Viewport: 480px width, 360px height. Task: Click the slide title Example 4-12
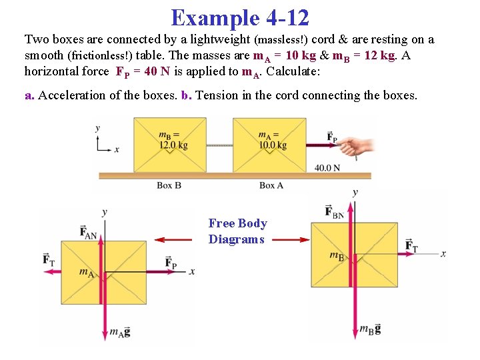tap(240, 17)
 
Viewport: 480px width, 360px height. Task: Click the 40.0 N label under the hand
tap(327, 167)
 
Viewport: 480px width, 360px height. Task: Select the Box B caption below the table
tap(169, 185)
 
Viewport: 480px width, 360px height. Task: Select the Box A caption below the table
tap(271, 185)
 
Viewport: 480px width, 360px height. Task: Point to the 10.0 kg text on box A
tap(273, 145)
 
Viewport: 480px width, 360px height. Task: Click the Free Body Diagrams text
tap(237, 231)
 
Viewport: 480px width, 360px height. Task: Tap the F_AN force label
tap(89, 231)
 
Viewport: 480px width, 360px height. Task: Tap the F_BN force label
tap(334, 211)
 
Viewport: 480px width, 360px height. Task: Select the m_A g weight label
tap(120, 331)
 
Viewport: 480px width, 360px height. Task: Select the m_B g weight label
tap(370, 329)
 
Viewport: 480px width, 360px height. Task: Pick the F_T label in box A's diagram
tap(49, 259)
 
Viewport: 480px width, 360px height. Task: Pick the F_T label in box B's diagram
tap(411, 247)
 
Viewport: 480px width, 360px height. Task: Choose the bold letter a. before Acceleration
tap(29, 95)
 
